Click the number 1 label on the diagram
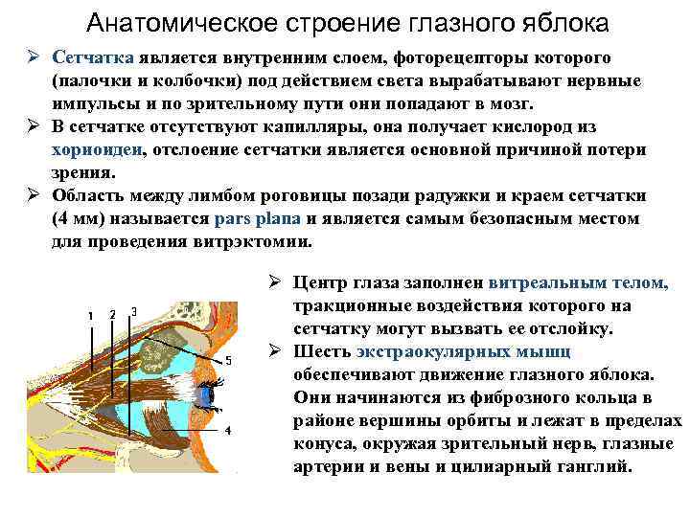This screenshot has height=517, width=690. point(89,315)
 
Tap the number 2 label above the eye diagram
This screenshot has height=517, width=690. point(112,314)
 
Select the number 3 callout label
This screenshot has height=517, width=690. point(133,310)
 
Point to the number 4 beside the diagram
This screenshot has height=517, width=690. point(227,430)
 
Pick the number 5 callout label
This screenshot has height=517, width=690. point(228,361)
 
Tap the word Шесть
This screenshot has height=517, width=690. point(324,351)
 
